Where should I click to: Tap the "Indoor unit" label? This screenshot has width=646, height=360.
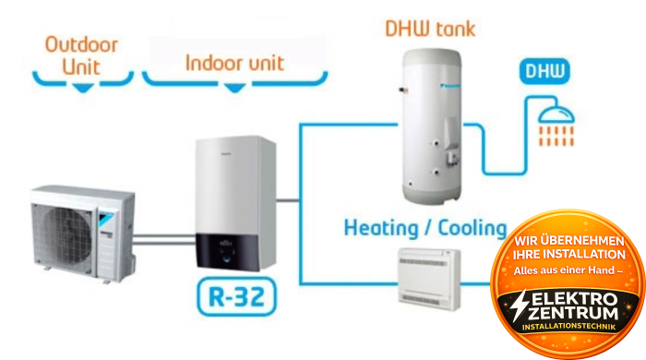(234, 63)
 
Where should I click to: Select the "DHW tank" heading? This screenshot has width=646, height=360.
(430, 28)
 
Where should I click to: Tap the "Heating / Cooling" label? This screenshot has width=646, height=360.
(425, 227)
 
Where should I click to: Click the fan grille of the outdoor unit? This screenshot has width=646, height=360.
(67, 226)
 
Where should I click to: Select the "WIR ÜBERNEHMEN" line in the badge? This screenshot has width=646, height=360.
(569, 242)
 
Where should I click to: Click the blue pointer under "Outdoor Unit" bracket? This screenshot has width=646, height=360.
(83, 87)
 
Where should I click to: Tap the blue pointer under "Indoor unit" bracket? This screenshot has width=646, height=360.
(234, 88)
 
